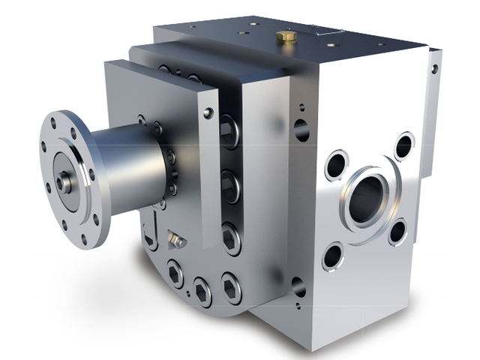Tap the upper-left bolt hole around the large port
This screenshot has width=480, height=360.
tap(336, 164)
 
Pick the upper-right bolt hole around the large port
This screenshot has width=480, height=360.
tap(404, 145)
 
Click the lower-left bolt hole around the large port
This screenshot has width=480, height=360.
tap(332, 256)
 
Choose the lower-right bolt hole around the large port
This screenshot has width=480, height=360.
tap(397, 232)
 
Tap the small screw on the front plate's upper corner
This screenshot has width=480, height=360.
tap(208, 113)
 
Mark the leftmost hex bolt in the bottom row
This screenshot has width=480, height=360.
tap(175, 275)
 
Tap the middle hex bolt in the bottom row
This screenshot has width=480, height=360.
tap(202, 290)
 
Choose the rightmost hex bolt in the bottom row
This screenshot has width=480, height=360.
tap(231, 288)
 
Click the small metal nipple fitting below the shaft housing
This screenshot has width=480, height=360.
tap(177, 239)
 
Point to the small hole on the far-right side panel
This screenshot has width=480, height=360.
tap(434, 69)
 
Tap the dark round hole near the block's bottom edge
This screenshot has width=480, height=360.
tap(298, 286)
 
